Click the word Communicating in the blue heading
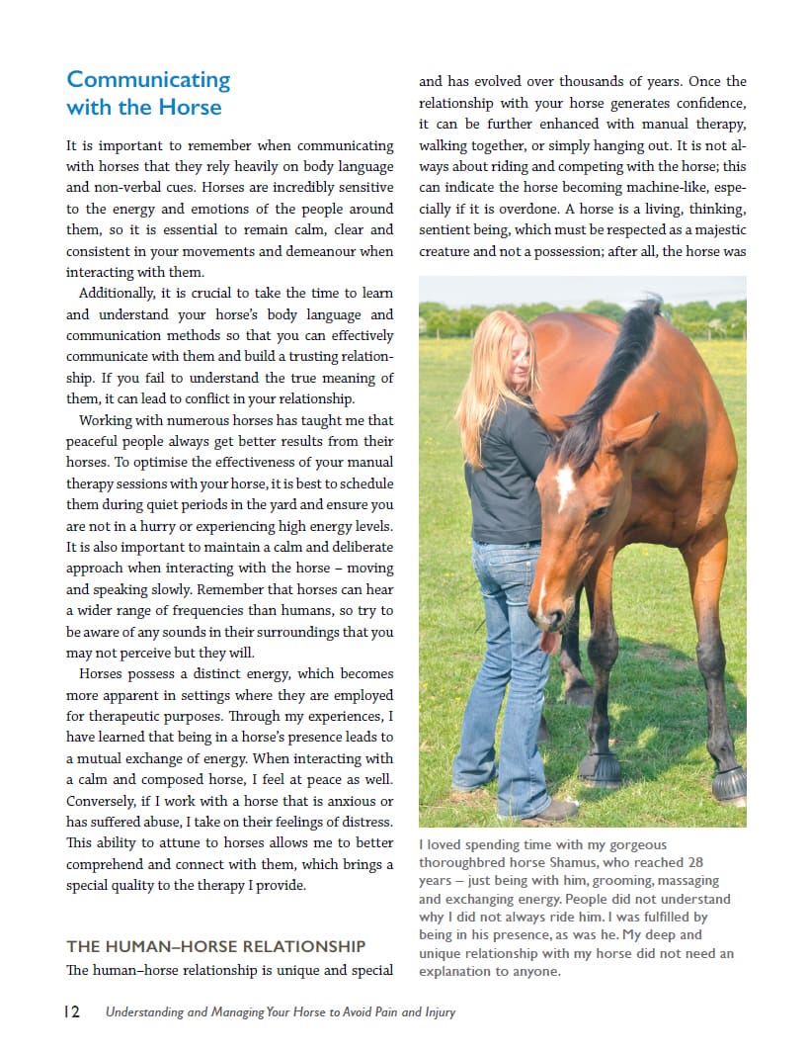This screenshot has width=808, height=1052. pos(148,80)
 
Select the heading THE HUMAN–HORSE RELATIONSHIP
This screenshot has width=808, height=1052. pos(215,946)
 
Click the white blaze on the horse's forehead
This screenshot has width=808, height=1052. pos(566,485)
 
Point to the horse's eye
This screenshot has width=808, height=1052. pos(598,513)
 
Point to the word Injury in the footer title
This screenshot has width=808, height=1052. pos(435,1012)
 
